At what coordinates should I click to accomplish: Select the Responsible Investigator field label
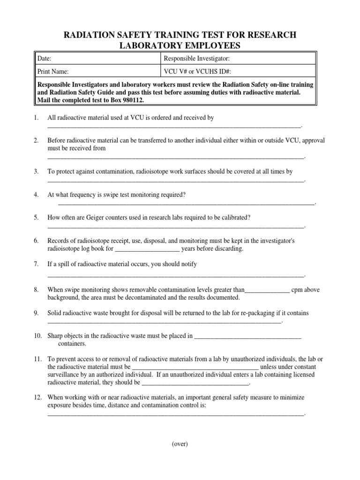pos(196,59)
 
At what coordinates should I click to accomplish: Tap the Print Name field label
pos(53,72)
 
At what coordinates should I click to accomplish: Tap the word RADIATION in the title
pos(94,35)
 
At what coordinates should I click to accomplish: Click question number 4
pos(36,195)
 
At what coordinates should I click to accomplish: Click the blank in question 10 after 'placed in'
pos(247,336)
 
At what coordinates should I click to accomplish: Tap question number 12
pos(38,397)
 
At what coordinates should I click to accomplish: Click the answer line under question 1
pos(173,127)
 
